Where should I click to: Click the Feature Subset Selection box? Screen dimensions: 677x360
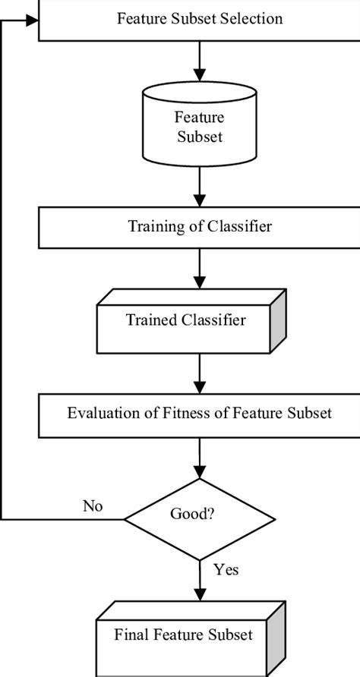click(199, 20)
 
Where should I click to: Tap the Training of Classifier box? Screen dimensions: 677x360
click(199, 226)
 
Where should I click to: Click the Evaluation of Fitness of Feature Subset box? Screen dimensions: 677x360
click(199, 414)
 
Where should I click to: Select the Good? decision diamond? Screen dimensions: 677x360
click(199, 519)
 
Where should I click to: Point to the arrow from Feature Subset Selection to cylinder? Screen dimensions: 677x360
click(199, 59)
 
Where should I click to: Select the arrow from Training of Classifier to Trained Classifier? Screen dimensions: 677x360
click(199, 272)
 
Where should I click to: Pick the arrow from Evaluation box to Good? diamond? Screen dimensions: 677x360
click(199, 459)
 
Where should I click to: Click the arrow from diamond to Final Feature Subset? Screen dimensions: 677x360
click(199, 581)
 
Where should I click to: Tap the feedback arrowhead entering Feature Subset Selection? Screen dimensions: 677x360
click(32, 20)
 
